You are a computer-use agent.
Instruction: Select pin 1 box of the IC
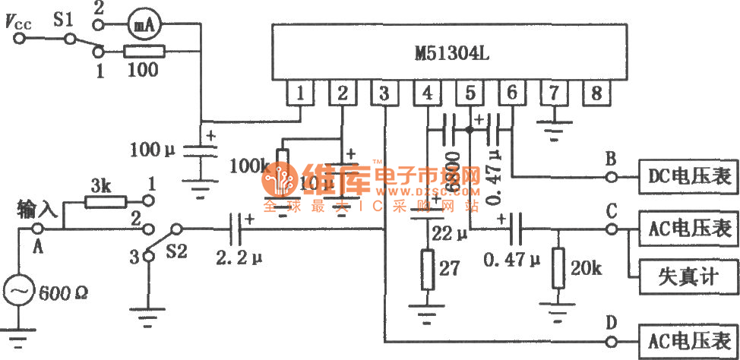(301, 94)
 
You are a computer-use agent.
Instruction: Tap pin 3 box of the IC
(385, 94)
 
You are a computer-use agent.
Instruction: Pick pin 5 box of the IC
(470, 94)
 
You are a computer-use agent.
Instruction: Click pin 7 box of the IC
(555, 94)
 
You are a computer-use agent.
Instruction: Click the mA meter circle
(140, 24)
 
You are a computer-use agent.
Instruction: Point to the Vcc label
(20, 22)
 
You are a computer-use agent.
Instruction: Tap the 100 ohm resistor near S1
(141, 52)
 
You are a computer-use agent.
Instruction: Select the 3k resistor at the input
(102, 201)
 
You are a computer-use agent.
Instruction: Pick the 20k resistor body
(559, 268)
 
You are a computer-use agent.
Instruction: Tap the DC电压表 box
(687, 177)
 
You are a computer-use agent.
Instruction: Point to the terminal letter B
(610, 160)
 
